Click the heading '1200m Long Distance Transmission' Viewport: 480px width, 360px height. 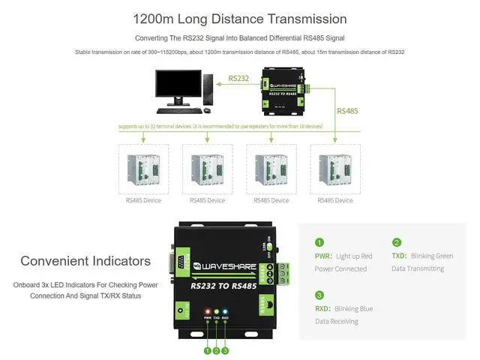tap(240, 19)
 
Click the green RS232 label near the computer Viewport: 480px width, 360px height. tap(238, 77)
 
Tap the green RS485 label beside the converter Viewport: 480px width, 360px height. tap(347, 111)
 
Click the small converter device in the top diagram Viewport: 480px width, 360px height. tap(283, 91)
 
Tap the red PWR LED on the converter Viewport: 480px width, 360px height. tap(207, 310)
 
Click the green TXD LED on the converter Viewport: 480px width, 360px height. tap(216, 310)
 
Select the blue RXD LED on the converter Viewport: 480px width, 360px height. tap(225, 310)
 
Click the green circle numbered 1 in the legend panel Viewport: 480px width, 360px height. tap(319, 242)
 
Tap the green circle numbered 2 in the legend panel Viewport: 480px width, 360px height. tap(397, 242)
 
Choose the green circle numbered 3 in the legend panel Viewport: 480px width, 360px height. tap(319, 295)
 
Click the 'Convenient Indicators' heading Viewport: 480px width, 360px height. tap(85, 261)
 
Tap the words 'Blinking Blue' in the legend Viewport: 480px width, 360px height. tap(354, 308)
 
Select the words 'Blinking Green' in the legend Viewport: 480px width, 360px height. tap(431, 256)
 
